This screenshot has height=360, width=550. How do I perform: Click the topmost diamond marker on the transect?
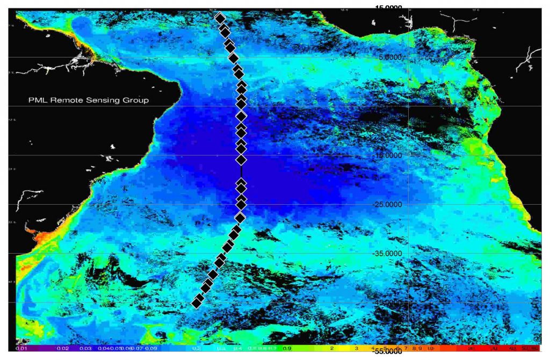[x=220, y=18]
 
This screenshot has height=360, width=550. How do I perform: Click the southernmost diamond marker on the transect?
[x=197, y=304]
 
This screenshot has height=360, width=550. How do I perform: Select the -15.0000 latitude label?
[x=388, y=155]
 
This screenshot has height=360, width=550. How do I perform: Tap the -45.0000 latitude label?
[x=388, y=303]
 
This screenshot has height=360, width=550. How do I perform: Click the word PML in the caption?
[x=37, y=100]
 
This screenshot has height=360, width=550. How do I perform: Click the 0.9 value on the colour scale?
[x=287, y=348]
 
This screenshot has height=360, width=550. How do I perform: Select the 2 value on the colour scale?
[x=331, y=348]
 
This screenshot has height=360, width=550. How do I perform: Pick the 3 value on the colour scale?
[x=356, y=348]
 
